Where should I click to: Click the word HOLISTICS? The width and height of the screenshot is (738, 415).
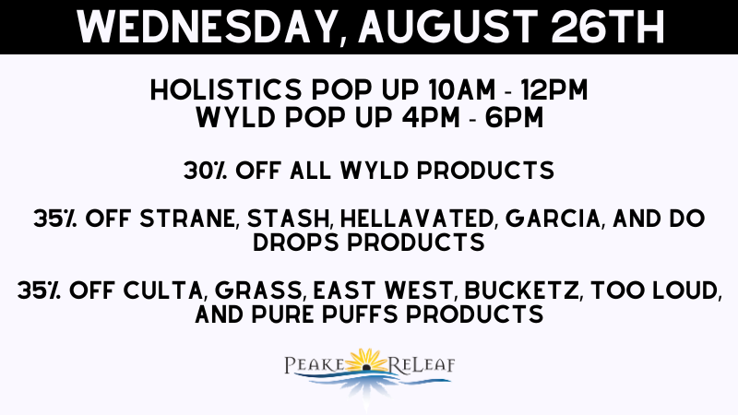[225, 89]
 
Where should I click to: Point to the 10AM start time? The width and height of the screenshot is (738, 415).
[462, 89]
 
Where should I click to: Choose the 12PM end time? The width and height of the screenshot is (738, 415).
[554, 89]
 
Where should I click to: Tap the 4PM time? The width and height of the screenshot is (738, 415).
[431, 118]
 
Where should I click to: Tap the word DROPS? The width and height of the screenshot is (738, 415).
[296, 243]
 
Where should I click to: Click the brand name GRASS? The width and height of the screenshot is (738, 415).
[258, 290]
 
